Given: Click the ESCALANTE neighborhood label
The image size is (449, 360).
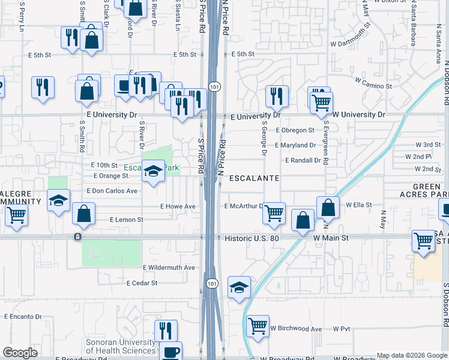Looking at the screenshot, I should coord(253,179).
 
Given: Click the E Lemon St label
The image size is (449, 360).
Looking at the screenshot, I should coord(126,220).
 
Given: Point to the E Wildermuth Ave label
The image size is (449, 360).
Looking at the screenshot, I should coord(169,268).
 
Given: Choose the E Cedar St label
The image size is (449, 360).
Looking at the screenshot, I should coord(142,283).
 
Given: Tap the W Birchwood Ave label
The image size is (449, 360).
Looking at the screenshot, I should coord(296,329).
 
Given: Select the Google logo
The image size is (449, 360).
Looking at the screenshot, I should coord(20,353).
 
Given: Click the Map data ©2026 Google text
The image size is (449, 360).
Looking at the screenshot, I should coord(411,355).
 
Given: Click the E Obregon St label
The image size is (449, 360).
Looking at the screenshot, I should coord(295,130).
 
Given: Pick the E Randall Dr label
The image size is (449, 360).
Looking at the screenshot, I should coord(303,160).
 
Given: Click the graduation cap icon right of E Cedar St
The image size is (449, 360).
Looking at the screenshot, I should coord(239,287).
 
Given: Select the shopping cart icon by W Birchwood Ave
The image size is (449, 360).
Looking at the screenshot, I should coord(258,326).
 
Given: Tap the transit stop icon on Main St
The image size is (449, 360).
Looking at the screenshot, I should coord(77,237).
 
